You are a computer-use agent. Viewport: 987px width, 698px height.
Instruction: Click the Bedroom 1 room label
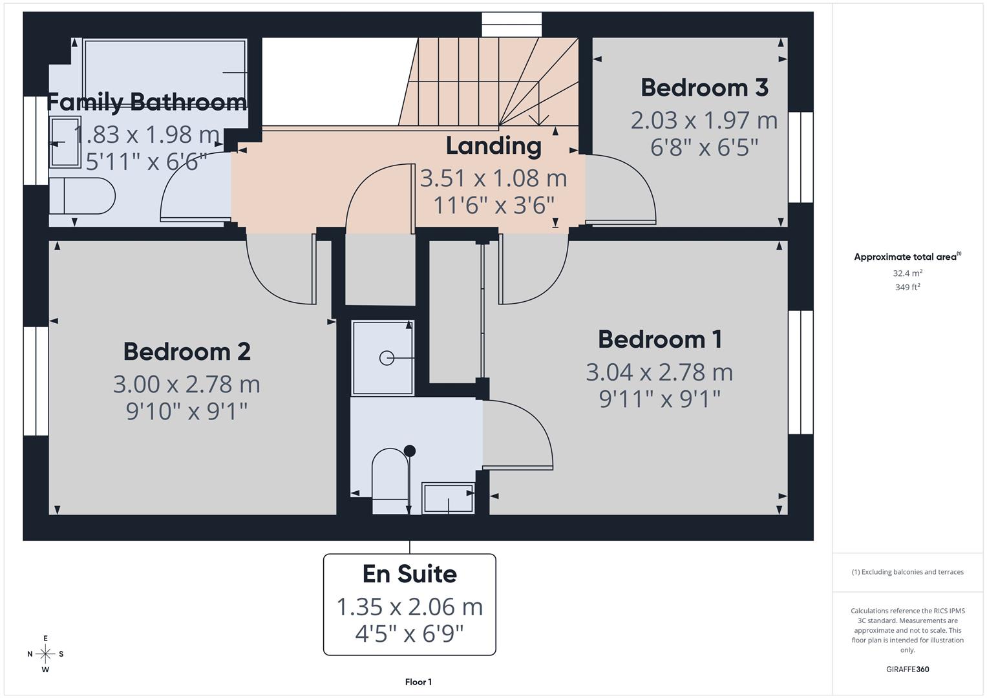(x=659, y=339)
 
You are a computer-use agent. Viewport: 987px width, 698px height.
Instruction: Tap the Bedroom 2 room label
(x=187, y=352)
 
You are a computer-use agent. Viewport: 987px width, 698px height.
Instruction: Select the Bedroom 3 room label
(x=704, y=87)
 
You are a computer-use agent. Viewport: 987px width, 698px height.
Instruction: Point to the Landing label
(x=493, y=145)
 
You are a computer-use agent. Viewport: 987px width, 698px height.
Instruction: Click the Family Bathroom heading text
(x=147, y=102)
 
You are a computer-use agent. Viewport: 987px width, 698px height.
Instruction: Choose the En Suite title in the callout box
(x=409, y=574)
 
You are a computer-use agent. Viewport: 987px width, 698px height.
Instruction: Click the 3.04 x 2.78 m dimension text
(x=659, y=372)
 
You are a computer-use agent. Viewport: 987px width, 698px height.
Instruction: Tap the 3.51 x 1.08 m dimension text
(x=493, y=178)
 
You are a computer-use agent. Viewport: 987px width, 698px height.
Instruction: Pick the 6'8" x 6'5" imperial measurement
(x=704, y=147)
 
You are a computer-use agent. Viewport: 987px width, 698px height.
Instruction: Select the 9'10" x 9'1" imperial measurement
(x=187, y=411)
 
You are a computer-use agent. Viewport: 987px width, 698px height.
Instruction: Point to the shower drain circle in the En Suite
(x=387, y=357)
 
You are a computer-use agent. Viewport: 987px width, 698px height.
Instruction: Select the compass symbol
(x=45, y=654)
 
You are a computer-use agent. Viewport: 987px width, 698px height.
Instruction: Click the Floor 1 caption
(x=418, y=682)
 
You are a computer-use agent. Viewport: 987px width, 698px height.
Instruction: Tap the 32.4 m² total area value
(x=907, y=273)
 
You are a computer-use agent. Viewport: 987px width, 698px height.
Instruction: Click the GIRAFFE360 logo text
(x=907, y=670)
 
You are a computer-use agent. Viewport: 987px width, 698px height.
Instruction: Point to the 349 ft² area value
(x=907, y=288)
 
